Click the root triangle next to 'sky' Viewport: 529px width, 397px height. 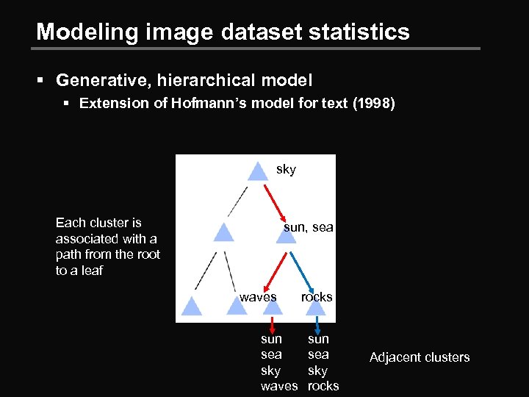256,172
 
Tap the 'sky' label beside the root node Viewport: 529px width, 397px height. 286,170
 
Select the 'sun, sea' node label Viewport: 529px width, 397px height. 309,228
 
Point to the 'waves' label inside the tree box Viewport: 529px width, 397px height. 258,297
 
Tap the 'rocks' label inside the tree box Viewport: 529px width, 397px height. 317,297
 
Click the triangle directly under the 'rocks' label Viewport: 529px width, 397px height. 316,307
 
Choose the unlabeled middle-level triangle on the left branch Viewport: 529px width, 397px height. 223,233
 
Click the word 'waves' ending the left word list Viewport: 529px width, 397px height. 279,387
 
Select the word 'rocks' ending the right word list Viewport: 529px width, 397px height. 323,387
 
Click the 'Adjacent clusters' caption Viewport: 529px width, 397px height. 420,357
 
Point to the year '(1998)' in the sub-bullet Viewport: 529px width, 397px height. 374,104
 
